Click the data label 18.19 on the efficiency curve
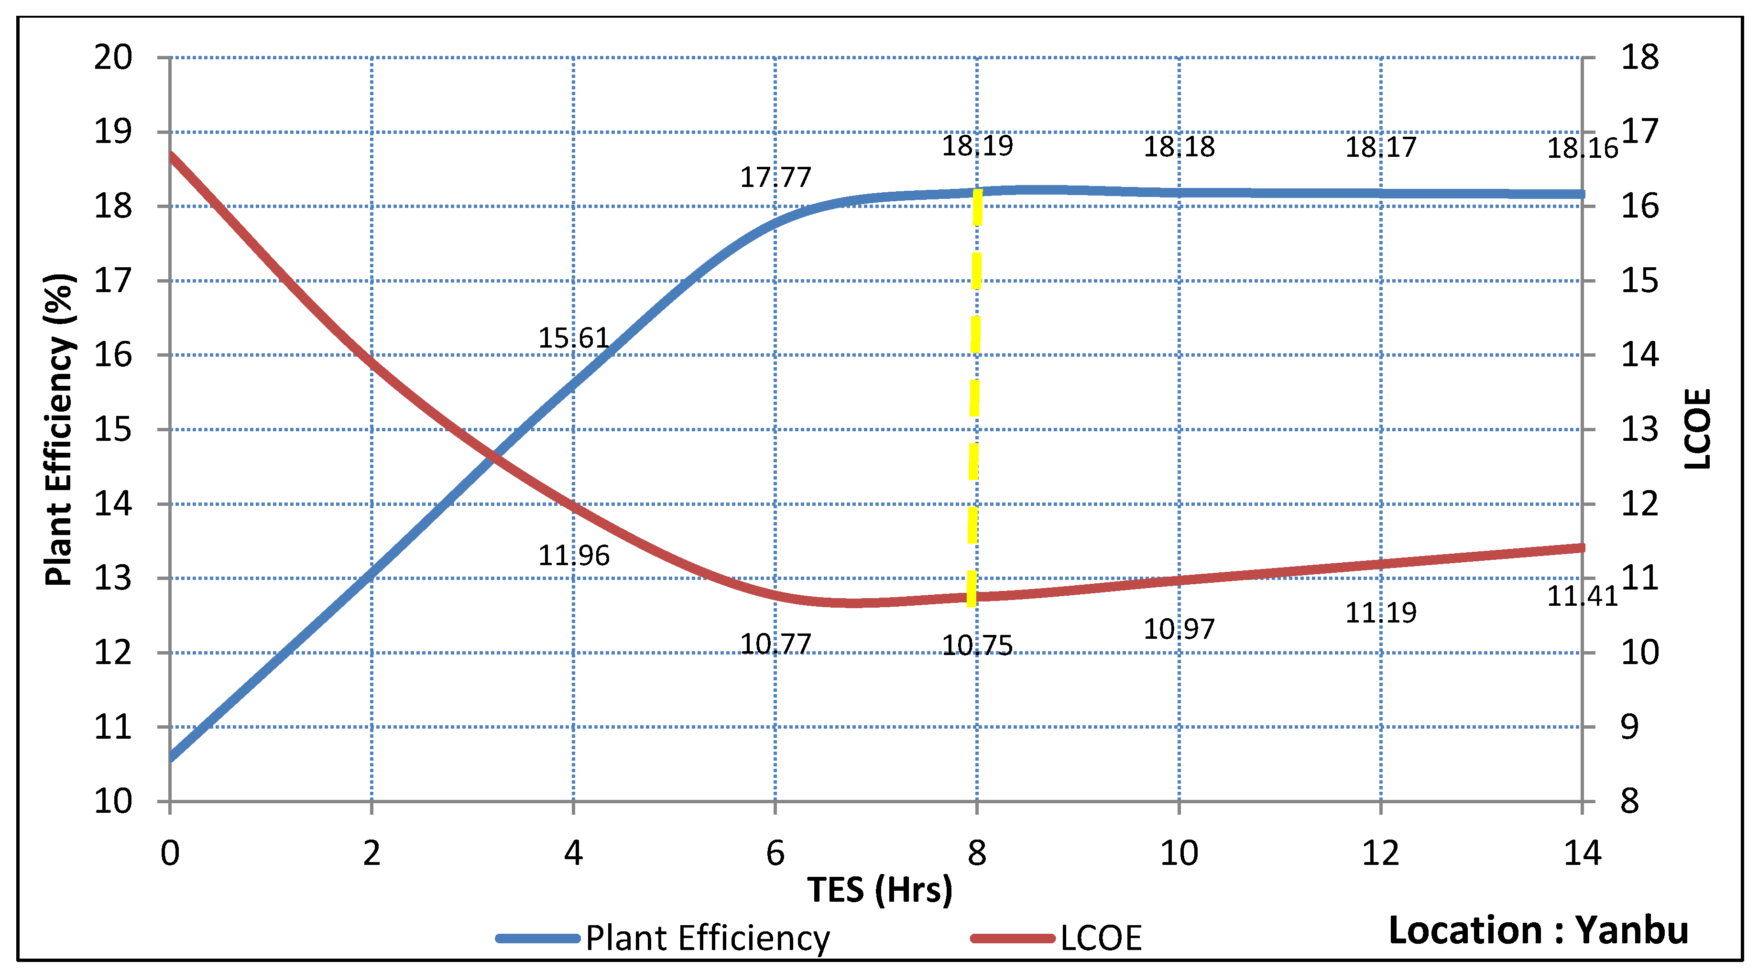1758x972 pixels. [977, 145]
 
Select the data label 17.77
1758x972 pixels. [775, 177]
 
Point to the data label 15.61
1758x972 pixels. [573, 338]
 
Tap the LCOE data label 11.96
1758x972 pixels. [573, 555]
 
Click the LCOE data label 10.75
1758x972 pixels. [977, 645]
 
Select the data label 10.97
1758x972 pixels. [1179, 629]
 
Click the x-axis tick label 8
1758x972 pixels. [977, 853]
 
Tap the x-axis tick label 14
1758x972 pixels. [1582, 853]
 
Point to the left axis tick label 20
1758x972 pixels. [113, 57]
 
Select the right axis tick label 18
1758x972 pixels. [1639, 57]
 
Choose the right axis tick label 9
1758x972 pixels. [1630, 727]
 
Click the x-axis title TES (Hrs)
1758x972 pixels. [880, 889]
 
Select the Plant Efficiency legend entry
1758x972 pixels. [706, 938]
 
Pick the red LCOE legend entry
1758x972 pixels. [1100, 938]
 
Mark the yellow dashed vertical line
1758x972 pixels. [974, 396]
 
